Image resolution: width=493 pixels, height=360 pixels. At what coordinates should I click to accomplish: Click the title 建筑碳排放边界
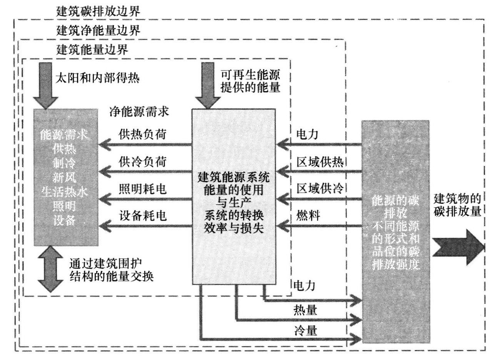[98, 10]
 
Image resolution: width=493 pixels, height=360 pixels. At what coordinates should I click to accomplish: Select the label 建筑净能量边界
[98, 30]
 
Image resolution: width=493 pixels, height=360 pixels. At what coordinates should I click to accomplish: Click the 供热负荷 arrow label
[143, 133]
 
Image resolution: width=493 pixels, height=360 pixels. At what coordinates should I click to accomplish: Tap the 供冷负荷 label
[143, 162]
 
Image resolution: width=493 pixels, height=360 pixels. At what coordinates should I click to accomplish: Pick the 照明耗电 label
[143, 188]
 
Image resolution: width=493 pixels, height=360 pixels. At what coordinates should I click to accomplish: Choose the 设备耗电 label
[143, 216]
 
